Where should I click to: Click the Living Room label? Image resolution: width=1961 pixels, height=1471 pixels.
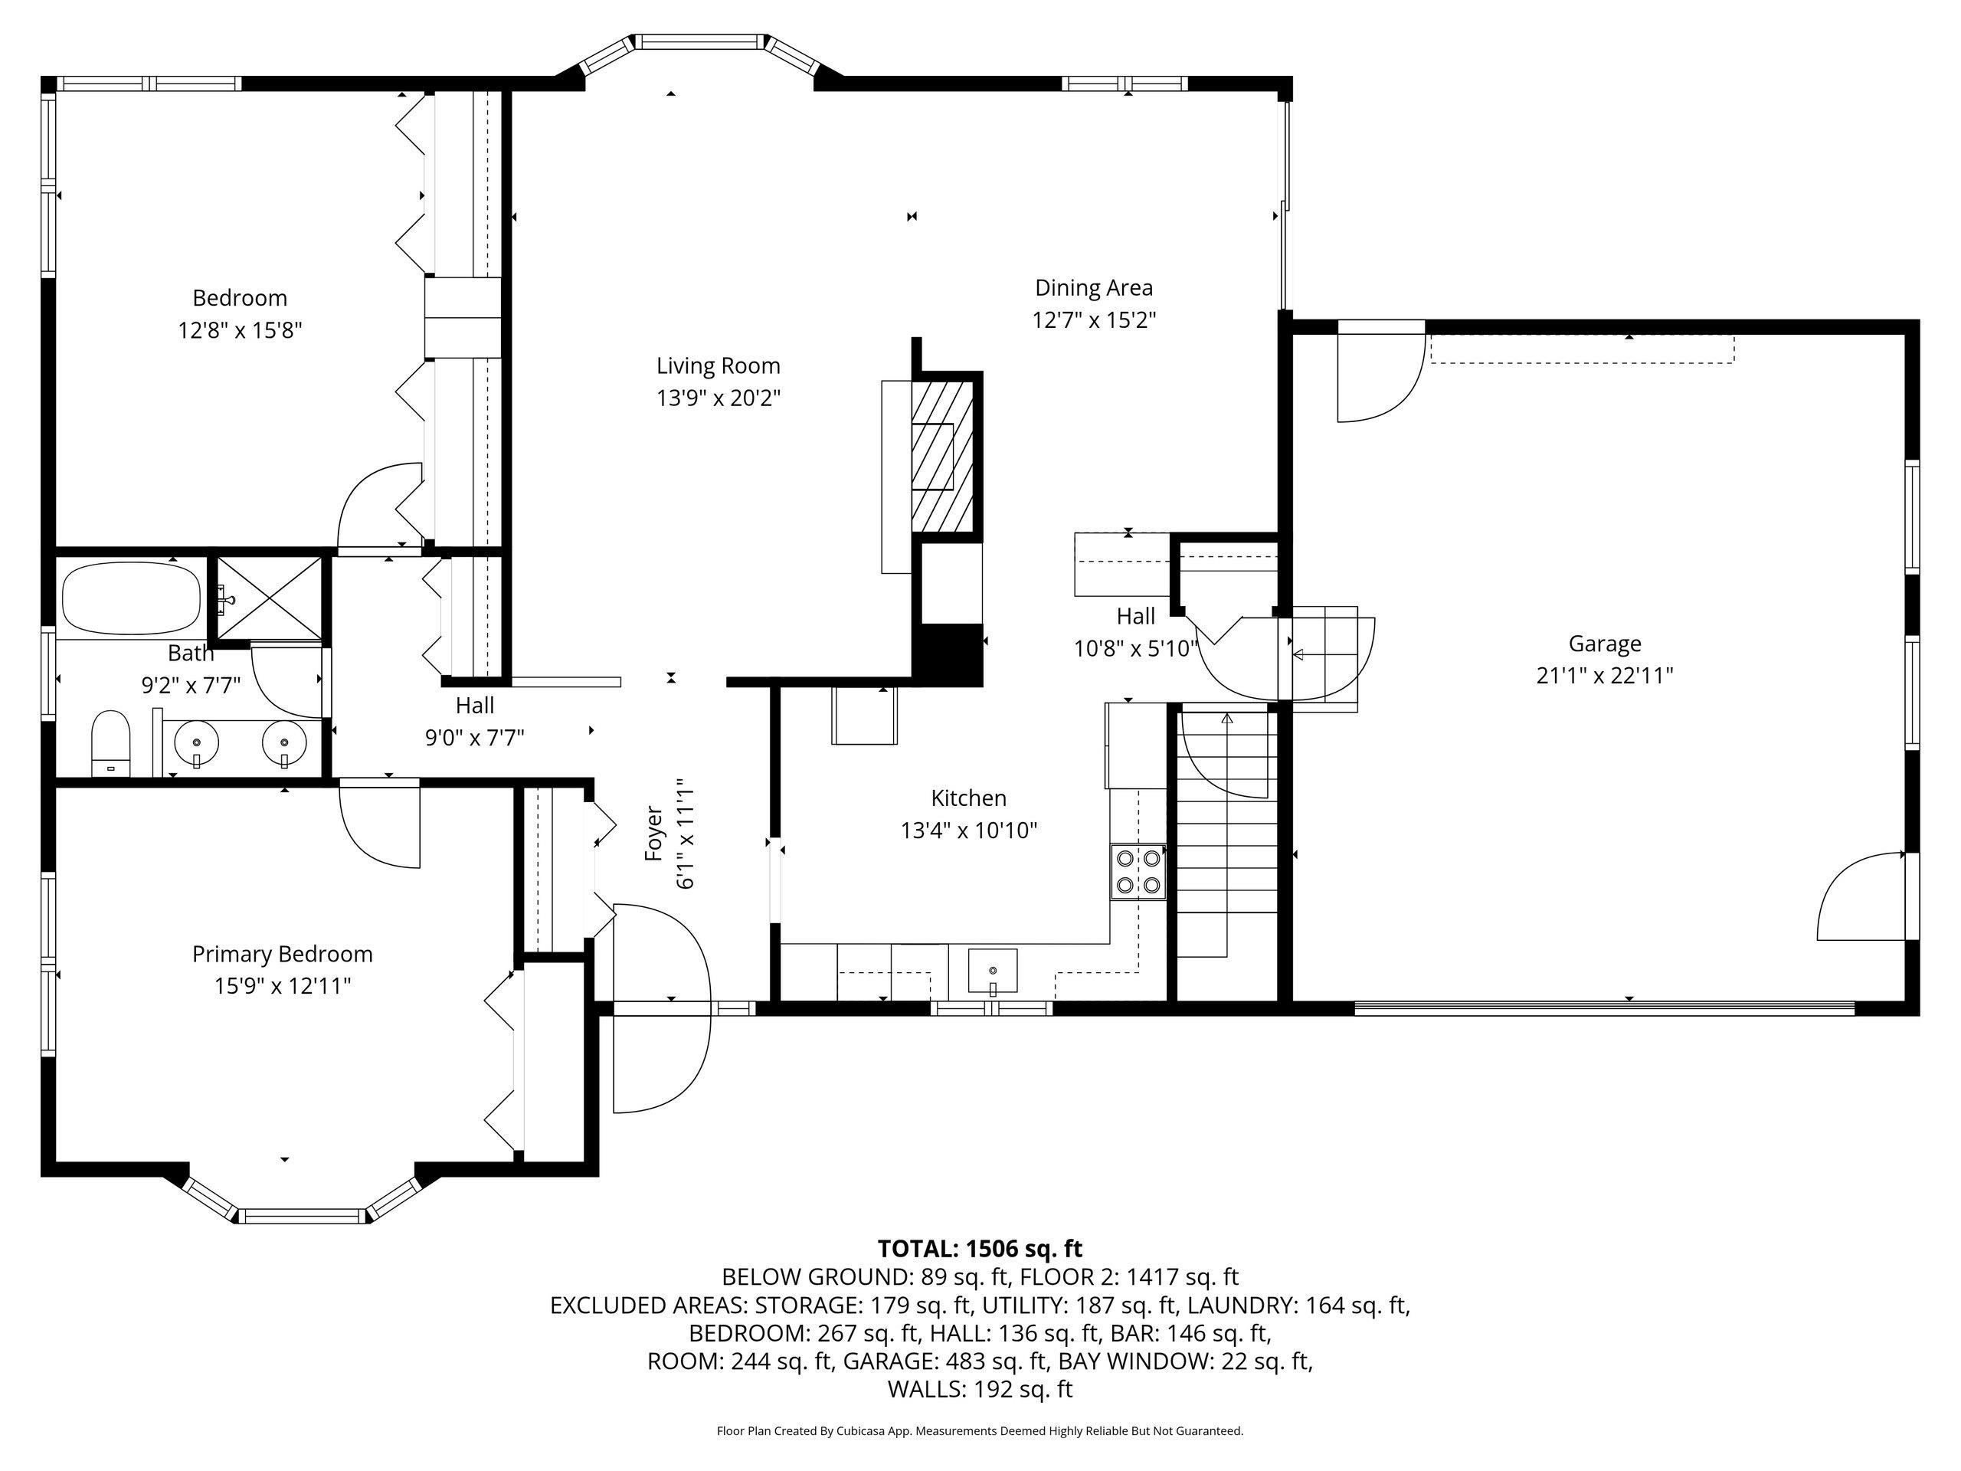[x=718, y=365]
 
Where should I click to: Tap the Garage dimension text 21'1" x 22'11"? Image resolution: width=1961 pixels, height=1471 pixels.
[x=1605, y=676]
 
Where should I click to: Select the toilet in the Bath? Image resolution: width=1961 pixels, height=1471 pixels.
[x=111, y=743]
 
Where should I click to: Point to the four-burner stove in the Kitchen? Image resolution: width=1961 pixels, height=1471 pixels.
[x=1138, y=872]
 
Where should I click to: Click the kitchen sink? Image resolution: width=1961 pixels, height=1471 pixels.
[x=993, y=971]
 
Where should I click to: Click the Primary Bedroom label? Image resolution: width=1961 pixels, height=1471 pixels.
[x=283, y=954]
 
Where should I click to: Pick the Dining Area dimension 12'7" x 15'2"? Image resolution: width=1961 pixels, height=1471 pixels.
[x=1094, y=319]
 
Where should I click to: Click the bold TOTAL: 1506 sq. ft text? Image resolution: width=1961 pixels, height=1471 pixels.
[x=980, y=1249]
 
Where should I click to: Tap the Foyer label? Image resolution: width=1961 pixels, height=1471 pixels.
[x=653, y=833]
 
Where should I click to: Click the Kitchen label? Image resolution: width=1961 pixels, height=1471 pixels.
[x=969, y=798]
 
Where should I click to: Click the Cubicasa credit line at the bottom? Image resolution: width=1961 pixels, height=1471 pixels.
[x=980, y=1430]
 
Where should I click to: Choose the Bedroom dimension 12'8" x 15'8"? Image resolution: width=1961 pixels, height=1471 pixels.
[x=241, y=331]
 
